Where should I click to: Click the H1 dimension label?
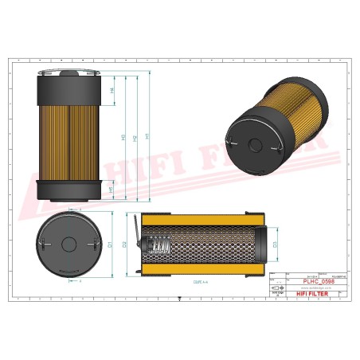[149, 137]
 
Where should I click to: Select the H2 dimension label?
[136, 137]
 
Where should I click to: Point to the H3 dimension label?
[123, 137]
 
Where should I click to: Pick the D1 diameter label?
[112, 244]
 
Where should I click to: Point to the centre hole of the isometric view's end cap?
[254, 144]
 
